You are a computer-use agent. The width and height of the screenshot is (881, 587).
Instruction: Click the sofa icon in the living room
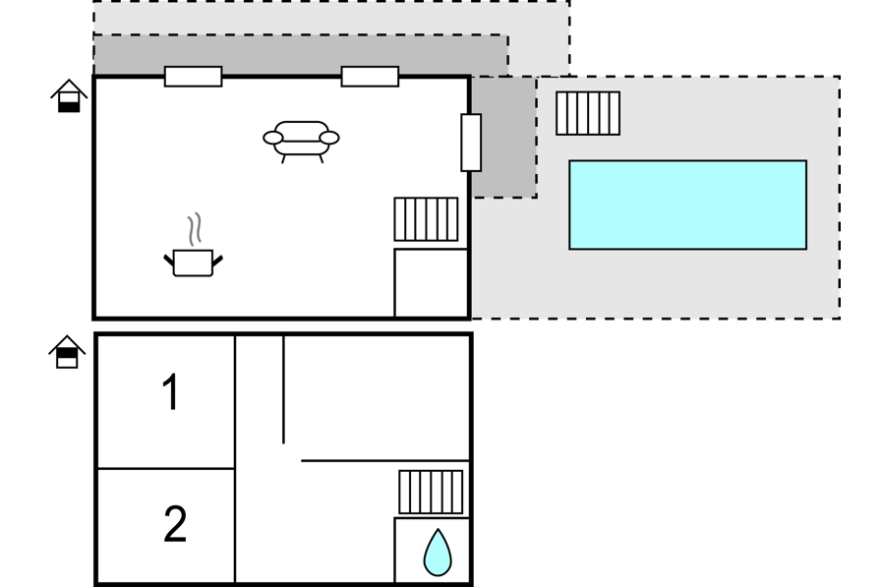301,141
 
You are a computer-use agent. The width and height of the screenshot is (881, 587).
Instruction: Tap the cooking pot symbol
194,263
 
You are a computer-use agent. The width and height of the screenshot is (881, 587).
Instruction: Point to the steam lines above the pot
195,229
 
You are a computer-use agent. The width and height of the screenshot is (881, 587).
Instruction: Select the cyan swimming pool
687,205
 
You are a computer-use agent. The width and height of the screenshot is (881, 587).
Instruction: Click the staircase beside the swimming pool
588,113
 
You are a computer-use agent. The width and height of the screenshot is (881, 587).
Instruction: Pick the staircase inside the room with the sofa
426,219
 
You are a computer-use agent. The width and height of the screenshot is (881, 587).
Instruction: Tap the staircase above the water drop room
431,492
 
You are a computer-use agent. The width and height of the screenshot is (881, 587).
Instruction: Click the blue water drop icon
438,554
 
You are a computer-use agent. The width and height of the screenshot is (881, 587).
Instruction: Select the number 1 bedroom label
170,391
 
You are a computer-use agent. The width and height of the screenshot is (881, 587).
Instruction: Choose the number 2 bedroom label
175,523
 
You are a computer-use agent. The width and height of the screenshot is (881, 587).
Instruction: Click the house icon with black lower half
69,96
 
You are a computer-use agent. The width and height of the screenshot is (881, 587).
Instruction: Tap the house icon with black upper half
67,352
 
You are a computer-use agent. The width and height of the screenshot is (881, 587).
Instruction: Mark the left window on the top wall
194,77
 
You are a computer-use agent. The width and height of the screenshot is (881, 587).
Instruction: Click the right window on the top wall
370,77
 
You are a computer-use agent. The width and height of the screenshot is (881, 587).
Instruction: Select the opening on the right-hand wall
471,143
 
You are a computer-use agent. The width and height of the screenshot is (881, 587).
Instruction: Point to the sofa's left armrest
273,138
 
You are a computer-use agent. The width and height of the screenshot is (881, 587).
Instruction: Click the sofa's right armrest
329,138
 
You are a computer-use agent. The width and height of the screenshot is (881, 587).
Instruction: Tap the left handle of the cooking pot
168,261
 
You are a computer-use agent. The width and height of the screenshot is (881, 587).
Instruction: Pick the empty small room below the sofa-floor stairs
432,283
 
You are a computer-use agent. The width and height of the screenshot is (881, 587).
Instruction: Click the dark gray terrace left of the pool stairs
503,137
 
